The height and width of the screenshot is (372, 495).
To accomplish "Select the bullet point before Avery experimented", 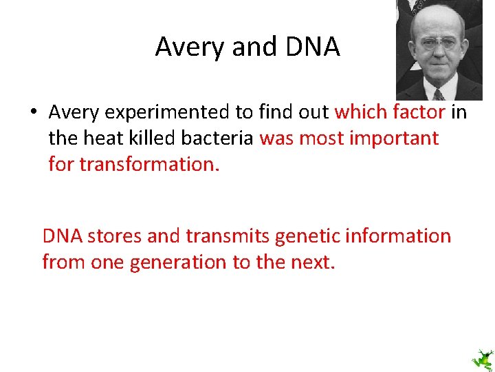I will [32, 112].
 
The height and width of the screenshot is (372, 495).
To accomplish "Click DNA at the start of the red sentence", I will [63, 236].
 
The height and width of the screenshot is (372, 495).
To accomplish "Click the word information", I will [399, 236].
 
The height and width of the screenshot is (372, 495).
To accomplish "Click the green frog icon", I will [481, 359].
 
